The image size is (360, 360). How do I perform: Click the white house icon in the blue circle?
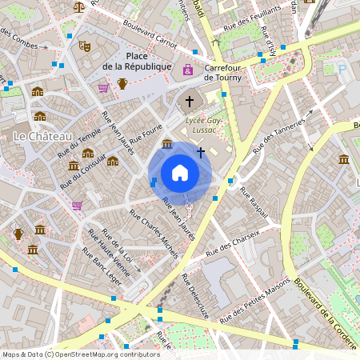pos(180,173)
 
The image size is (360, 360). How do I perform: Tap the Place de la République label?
pos(138,61)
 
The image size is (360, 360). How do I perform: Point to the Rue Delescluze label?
pos(194,296)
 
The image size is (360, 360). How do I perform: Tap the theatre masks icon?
pos(82,46)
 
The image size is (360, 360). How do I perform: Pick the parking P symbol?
pos(343,70)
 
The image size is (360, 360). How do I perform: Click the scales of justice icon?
pos(78,6)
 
